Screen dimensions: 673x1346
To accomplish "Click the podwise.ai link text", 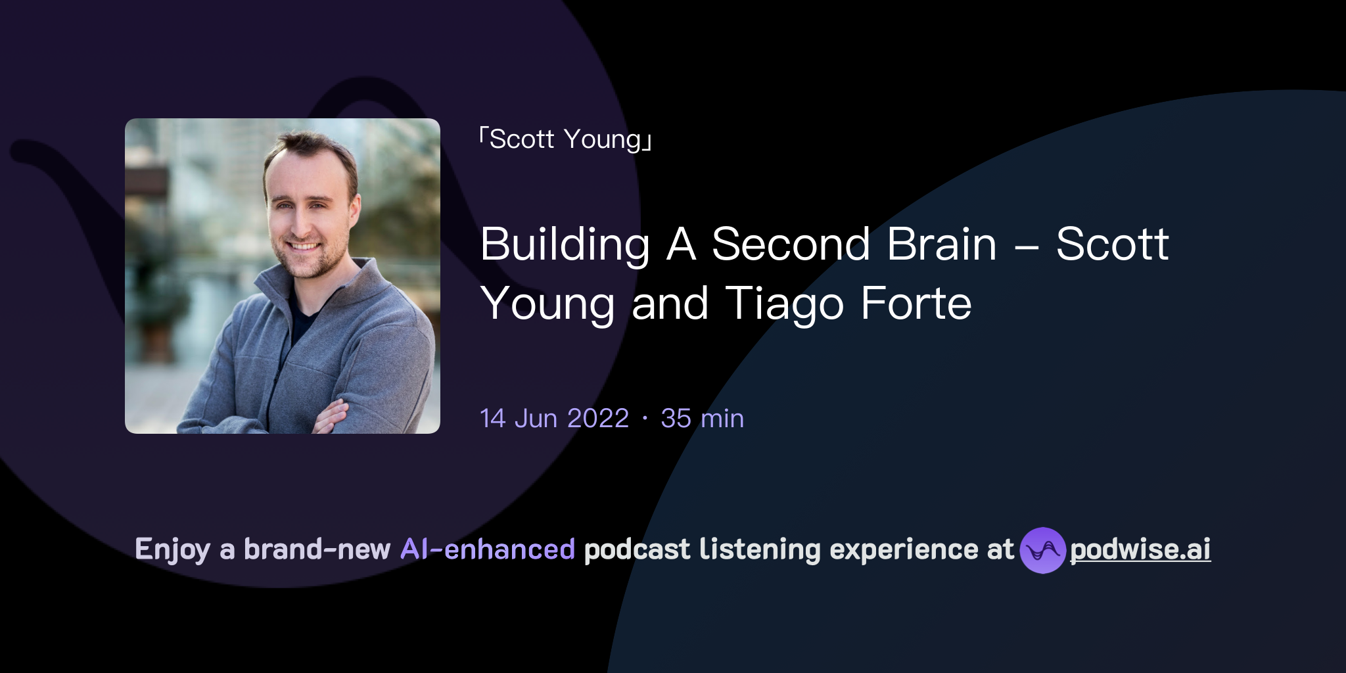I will pos(1140,549).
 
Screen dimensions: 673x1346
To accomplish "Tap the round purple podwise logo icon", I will pos(1042,550).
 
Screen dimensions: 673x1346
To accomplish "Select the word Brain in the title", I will pos(941,244).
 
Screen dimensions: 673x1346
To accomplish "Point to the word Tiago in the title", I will pos(784,304).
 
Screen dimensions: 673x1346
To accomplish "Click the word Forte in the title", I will pos(916,304).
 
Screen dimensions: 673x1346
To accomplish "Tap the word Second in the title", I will pos(791,244).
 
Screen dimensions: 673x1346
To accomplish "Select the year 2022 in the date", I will pos(598,419).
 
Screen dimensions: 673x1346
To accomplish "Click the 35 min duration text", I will pos(702,419).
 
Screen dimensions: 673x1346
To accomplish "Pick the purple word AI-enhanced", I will pos(488,549).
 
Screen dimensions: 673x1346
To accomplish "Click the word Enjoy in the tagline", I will pos(172,550).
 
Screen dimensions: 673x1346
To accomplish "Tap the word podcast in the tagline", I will pos(637,549).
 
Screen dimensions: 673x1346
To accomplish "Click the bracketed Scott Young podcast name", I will pos(565,139).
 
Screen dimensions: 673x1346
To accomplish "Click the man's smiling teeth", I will pos(304,246).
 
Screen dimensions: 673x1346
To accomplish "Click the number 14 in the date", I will pos(492,419).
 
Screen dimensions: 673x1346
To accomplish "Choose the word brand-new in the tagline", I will pos(317,549).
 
